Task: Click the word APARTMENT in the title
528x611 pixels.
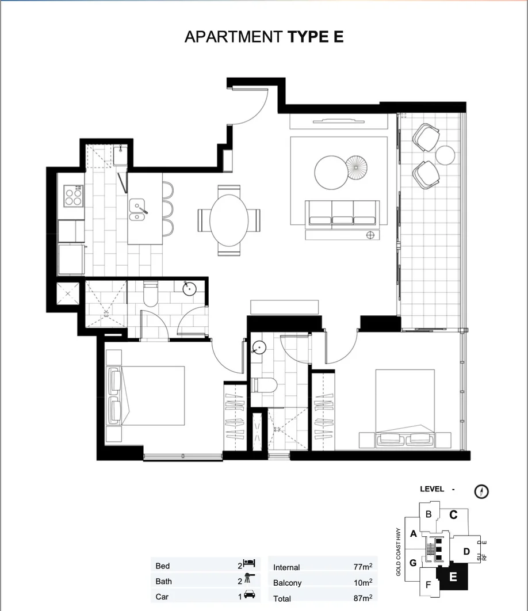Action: click(x=233, y=37)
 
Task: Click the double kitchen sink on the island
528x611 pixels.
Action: click(x=137, y=210)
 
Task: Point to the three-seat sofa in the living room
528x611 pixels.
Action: click(x=343, y=213)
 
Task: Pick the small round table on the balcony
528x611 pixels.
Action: click(x=445, y=154)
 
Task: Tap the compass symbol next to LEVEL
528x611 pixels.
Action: click(x=482, y=491)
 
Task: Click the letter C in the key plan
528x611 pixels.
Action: click(x=453, y=515)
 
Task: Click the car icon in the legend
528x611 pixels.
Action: click(x=250, y=595)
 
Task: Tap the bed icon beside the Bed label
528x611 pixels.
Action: click(x=249, y=564)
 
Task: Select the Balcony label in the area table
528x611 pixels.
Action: click(x=287, y=583)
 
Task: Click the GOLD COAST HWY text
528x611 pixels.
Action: click(x=398, y=552)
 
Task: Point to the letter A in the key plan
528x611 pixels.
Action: click(x=413, y=533)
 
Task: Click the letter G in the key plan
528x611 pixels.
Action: click(x=413, y=563)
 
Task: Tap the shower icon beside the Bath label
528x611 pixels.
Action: click(x=250, y=580)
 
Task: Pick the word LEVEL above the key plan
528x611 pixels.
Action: click(x=432, y=489)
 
